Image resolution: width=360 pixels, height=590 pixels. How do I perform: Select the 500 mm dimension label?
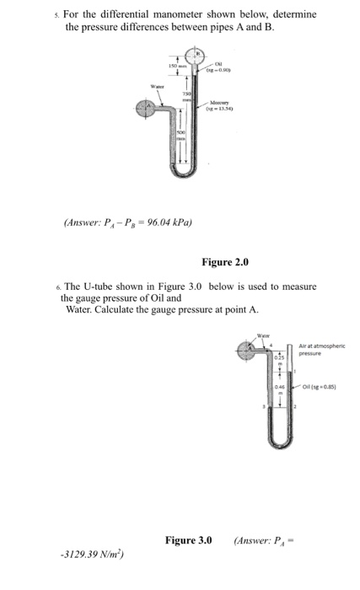[180, 135]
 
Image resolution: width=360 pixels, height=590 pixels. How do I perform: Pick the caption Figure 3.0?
[189, 539]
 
